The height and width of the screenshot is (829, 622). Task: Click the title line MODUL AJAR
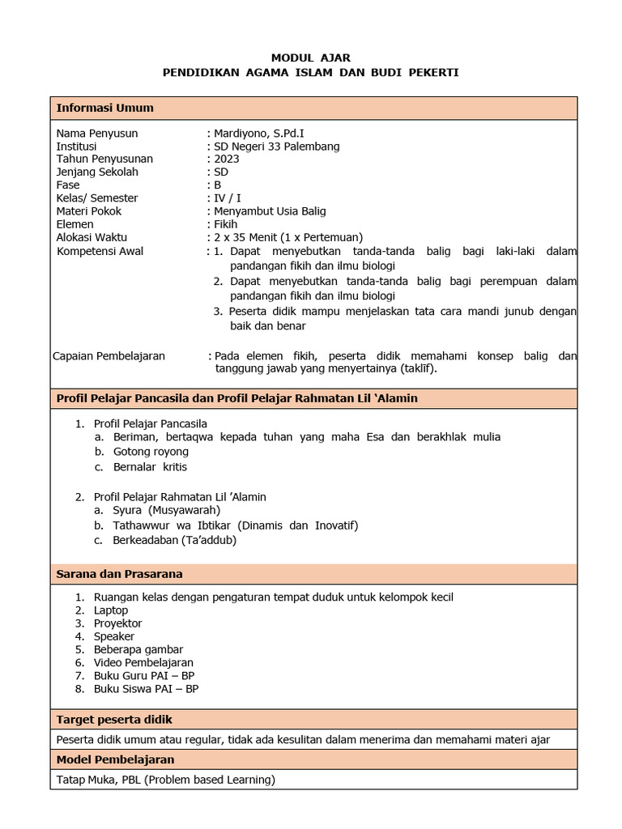point(311,58)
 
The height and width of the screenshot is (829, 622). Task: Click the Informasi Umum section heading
point(104,108)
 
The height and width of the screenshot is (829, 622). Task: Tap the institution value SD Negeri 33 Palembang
point(276,147)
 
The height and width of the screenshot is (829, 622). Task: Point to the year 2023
point(226,159)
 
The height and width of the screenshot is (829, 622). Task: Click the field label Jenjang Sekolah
point(97,172)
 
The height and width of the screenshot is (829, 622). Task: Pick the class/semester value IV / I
point(227,198)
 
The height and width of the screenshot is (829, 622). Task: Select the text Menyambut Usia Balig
point(270,211)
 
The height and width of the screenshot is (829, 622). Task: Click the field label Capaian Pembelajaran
point(109,355)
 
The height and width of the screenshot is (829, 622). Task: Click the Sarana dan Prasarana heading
point(119,574)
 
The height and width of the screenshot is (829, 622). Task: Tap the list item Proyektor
point(117,623)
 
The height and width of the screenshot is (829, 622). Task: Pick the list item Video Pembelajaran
point(143,662)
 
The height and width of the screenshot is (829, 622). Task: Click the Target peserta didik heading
point(113,720)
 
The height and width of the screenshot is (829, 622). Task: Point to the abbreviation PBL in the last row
point(131,780)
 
